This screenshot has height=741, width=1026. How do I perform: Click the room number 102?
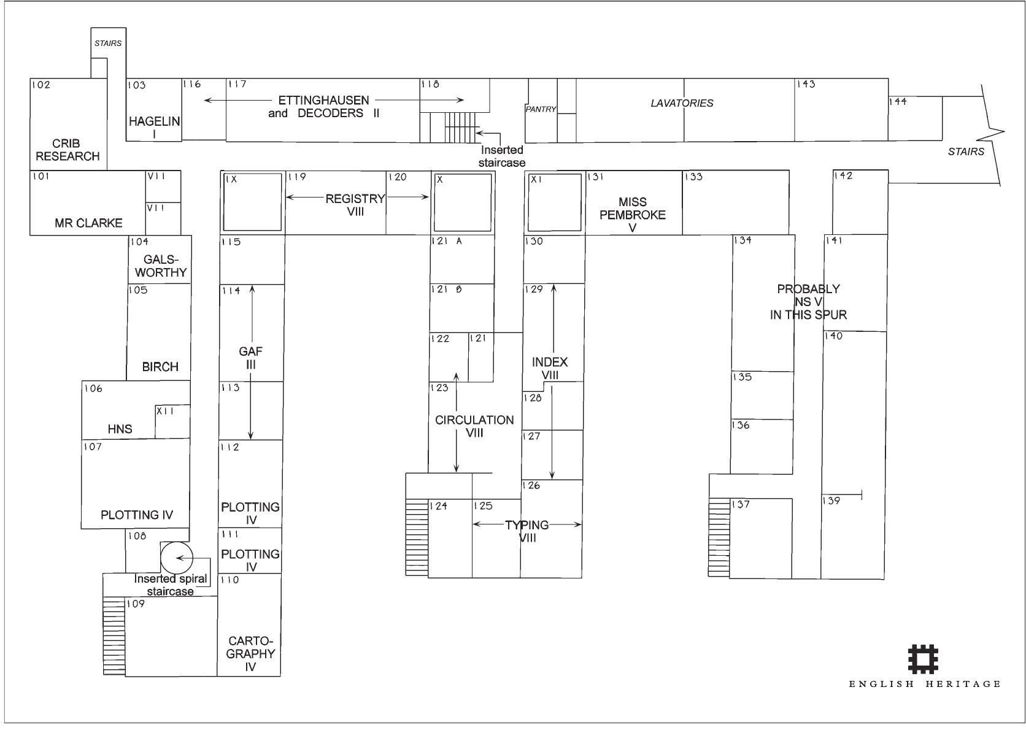(40, 85)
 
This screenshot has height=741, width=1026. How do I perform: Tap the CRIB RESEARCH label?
(67, 150)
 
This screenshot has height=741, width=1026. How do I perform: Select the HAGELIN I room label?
(155, 128)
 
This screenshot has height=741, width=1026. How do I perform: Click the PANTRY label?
(541, 109)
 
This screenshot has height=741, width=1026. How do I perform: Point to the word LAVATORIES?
(682, 103)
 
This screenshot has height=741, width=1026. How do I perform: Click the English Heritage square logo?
(924, 659)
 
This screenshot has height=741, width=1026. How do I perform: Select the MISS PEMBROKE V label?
(633, 214)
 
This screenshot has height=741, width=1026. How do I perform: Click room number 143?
(806, 84)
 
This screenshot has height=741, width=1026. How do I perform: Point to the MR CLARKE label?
(88, 223)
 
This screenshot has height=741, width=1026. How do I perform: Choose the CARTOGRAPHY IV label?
(250, 653)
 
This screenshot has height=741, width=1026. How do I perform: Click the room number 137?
(741, 504)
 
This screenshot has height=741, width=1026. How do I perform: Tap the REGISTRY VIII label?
(355, 205)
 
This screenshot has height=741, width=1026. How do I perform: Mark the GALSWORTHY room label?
(161, 266)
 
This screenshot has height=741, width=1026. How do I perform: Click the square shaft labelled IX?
(252, 202)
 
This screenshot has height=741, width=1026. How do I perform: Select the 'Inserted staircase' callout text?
(502, 156)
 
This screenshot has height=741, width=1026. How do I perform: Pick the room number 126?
(531, 485)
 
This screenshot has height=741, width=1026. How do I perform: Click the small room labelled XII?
(172, 421)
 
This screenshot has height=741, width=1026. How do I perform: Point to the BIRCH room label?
(160, 367)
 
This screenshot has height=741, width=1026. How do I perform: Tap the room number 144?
(898, 102)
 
